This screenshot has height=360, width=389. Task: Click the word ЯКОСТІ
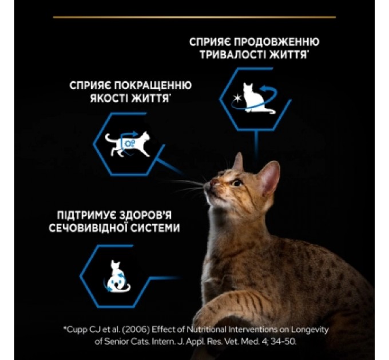point(107,98)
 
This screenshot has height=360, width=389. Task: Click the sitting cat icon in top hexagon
point(252,97)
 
